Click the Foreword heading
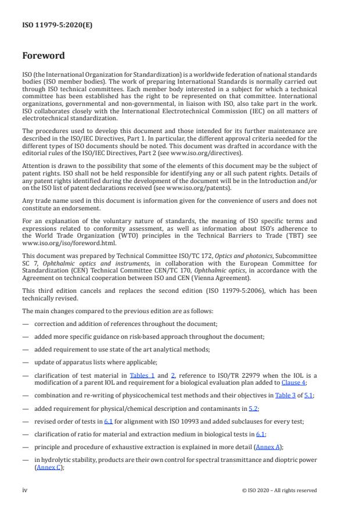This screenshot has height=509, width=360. (44, 56)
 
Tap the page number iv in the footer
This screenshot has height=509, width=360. (25, 490)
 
